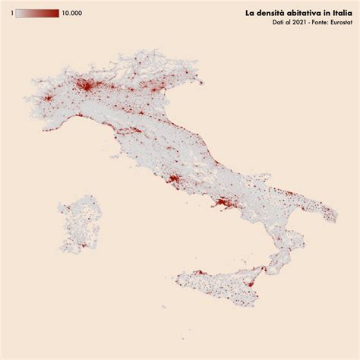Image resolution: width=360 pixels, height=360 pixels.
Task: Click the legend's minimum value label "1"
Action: tap(11, 14)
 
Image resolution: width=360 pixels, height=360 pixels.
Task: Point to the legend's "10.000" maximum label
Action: tap(72, 14)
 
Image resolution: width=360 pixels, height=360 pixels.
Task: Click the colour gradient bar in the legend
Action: tap(37, 14)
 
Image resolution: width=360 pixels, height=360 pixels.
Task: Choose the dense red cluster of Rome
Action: tap(172, 181)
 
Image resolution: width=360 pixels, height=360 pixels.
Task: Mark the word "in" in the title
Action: tap(324, 13)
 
